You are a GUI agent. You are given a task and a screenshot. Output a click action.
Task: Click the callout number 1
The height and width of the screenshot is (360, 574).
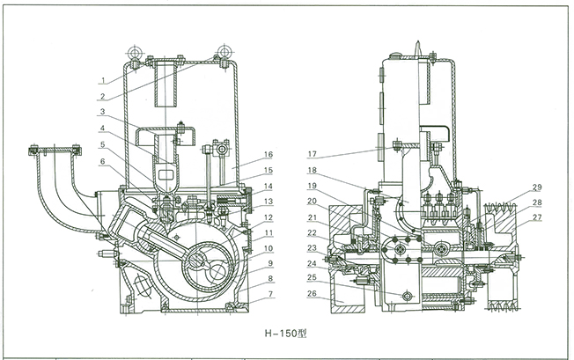(x=103, y=80)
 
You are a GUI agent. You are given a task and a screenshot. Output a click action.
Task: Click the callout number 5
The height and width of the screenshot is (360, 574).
(x=103, y=143)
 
